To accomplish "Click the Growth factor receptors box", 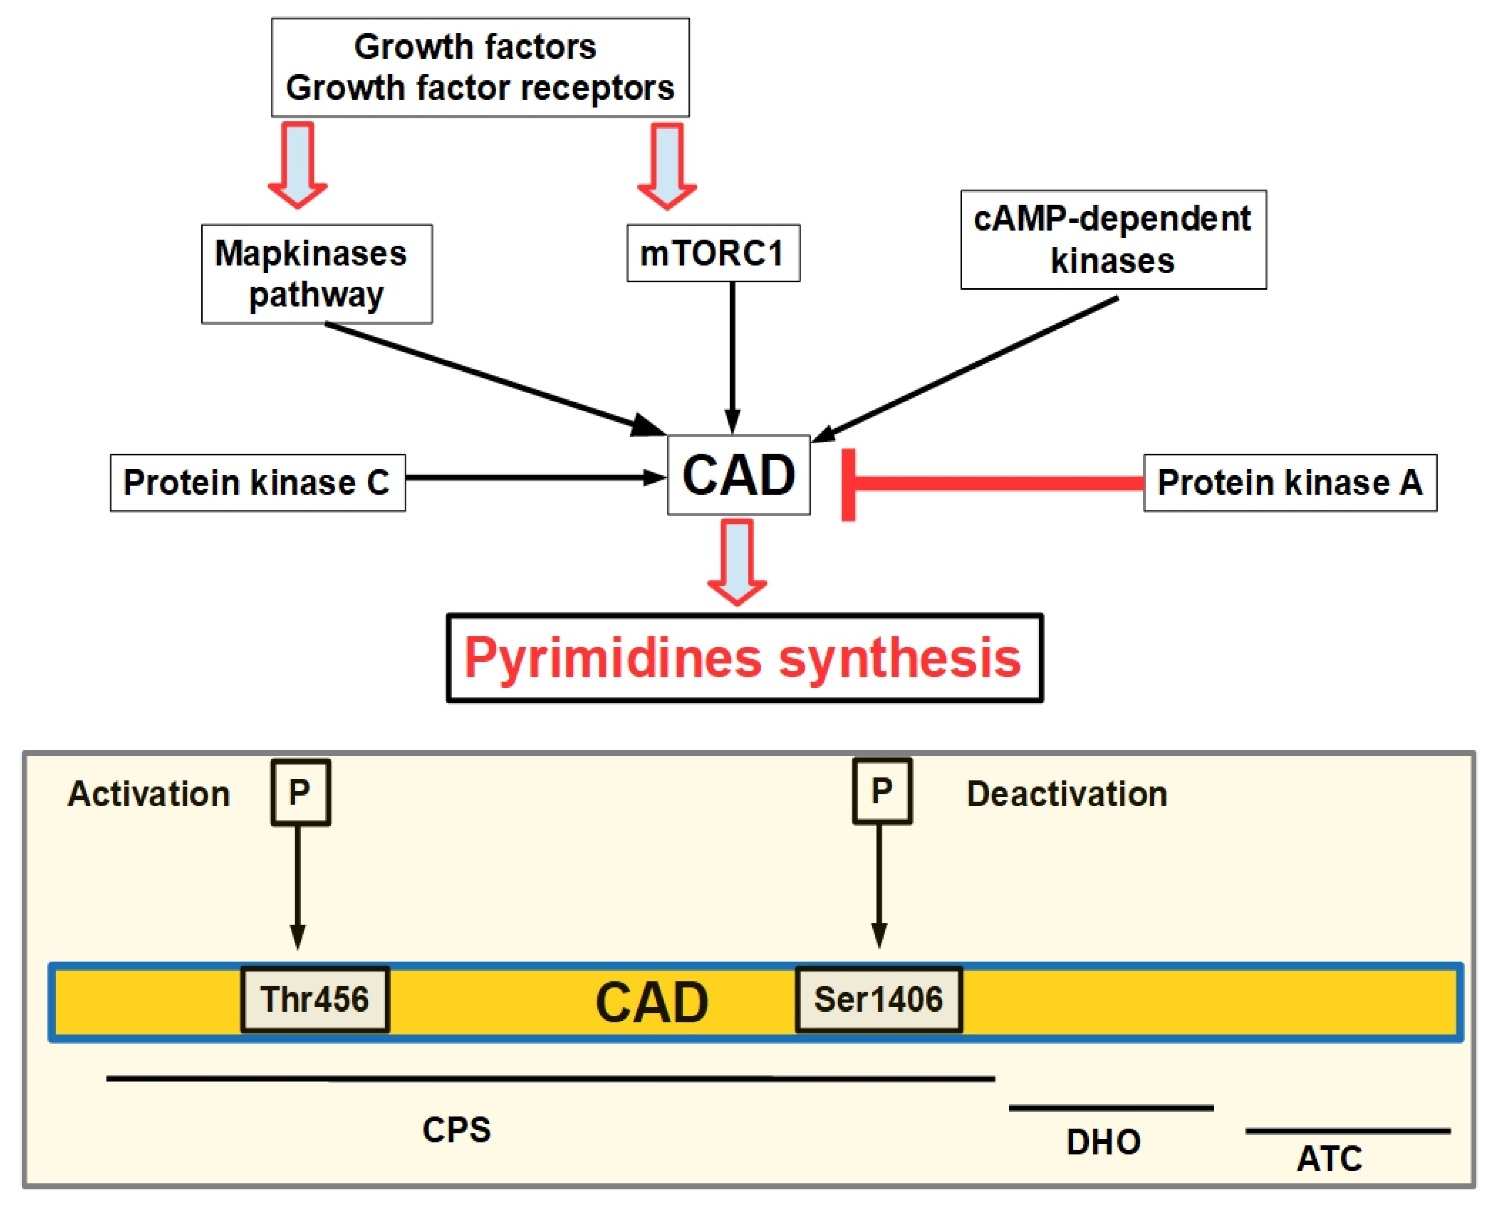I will point(480,67).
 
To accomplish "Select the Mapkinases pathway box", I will point(317,274).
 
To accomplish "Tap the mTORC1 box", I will point(713,253).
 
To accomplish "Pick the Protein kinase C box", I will point(258,483).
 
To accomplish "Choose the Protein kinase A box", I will point(1290,483).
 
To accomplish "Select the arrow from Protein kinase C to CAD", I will point(533,478).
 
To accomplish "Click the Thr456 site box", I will point(315,999).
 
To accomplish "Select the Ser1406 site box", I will point(878,999).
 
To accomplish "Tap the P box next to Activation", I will point(300,792).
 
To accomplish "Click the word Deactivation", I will point(1067,794).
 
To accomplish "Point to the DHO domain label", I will point(1103,1142).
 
